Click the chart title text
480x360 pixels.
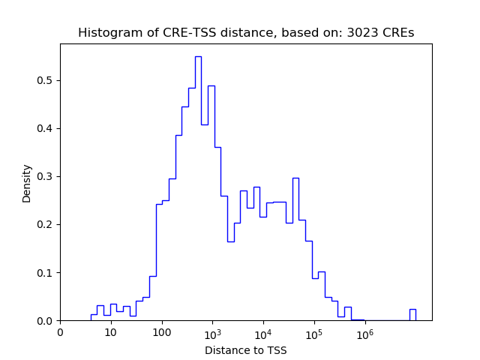coord(246,33)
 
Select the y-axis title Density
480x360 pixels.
coord(27,183)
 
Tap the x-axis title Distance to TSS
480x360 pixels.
coord(246,350)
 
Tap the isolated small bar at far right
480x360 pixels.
coord(412,314)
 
